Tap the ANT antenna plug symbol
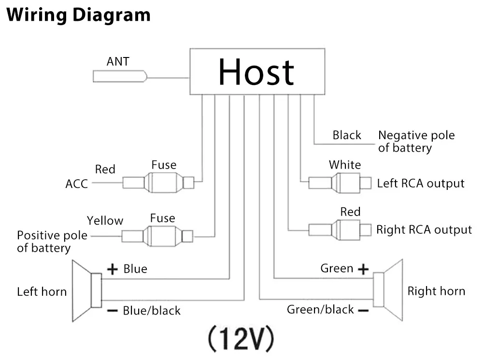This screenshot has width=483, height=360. pyautogui.click(x=120, y=76)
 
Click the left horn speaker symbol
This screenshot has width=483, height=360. pyautogui.click(x=87, y=290)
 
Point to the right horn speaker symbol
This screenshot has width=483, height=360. pyautogui.click(x=388, y=290)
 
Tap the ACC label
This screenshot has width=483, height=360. pyautogui.click(x=77, y=184)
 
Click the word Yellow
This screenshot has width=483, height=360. pyautogui.click(x=105, y=221)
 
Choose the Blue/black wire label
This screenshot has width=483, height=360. pyautogui.click(x=152, y=311)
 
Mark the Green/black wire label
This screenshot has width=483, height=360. pyautogui.click(x=320, y=309)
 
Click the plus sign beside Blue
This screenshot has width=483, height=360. pyautogui.click(x=113, y=269)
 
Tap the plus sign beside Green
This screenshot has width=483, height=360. pyautogui.click(x=364, y=269)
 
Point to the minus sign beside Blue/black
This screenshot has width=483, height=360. pyautogui.click(x=113, y=311)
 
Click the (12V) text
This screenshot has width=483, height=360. pyautogui.click(x=241, y=338)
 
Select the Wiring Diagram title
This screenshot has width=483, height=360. pyautogui.click(x=79, y=15)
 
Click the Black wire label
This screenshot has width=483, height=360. pyautogui.click(x=347, y=135)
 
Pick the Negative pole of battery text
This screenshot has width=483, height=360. pyautogui.click(x=416, y=142)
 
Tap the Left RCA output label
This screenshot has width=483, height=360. pyautogui.click(x=421, y=184)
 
